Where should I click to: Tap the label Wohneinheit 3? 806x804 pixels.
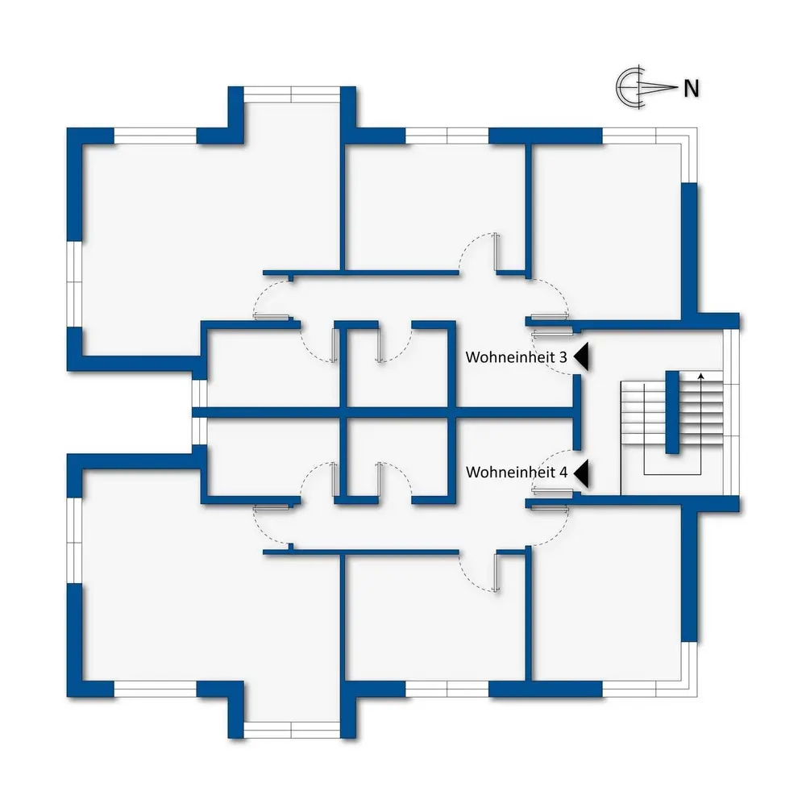click(x=517, y=357)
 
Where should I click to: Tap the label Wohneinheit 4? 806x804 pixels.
click(x=517, y=473)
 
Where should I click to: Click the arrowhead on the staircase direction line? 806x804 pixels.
click(x=700, y=376)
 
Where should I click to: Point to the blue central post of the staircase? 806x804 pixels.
click(x=672, y=412)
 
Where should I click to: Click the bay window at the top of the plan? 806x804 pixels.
click(x=292, y=93)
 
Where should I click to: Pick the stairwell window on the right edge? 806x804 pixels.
click(x=732, y=412)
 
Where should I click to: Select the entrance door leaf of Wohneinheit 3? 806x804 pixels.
click(x=552, y=331)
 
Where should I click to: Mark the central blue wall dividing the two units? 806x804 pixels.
click(x=387, y=413)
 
